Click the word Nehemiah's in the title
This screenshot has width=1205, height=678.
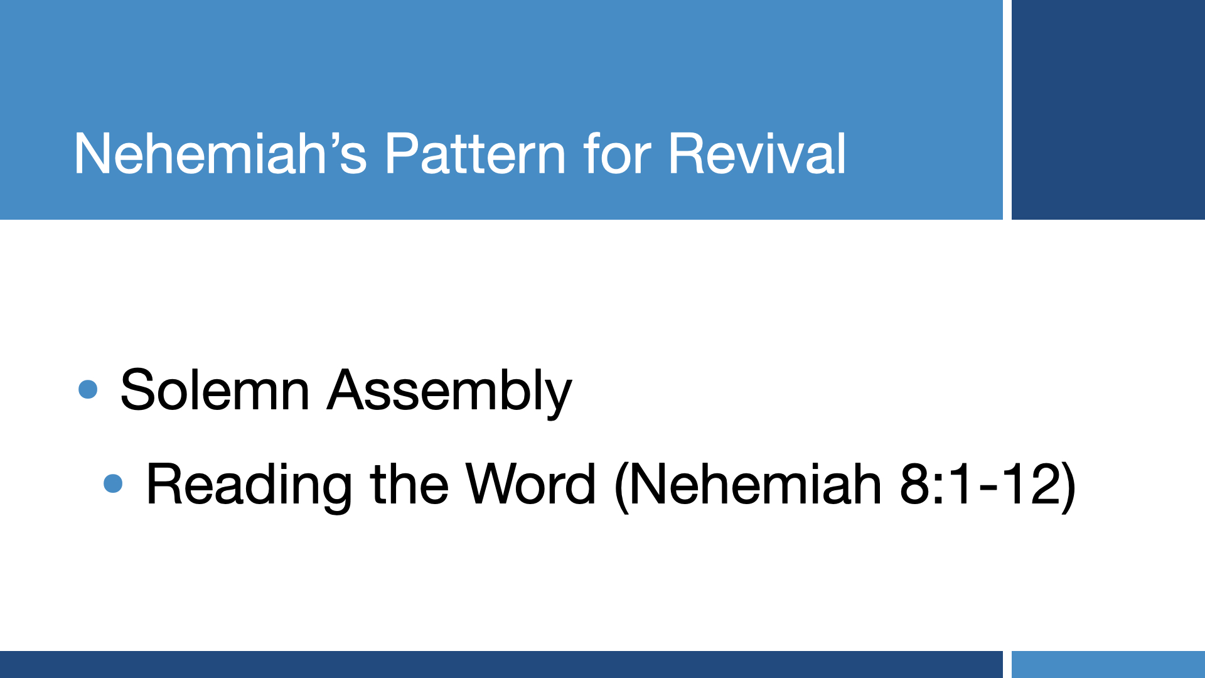(x=220, y=154)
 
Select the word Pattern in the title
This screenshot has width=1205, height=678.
(x=475, y=154)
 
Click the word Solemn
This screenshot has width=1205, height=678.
(x=215, y=390)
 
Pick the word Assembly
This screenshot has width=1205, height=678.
(x=449, y=393)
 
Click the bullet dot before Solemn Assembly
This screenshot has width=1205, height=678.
(x=88, y=389)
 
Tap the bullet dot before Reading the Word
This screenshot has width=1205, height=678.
(x=114, y=483)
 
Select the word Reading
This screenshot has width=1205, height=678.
(x=249, y=487)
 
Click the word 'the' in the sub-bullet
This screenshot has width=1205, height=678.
(x=409, y=484)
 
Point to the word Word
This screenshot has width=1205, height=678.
(x=530, y=484)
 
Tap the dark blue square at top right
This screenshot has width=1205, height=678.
(x=1108, y=110)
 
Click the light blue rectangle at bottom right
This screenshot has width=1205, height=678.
(x=1108, y=664)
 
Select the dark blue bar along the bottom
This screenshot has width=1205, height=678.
(x=501, y=664)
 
